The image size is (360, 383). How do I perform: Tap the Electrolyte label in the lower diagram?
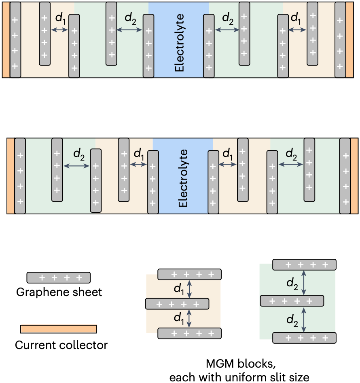pyautogui.click(x=183, y=178)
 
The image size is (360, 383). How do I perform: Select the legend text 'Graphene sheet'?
pyautogui.click(x=59, y=292)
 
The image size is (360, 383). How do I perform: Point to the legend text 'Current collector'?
pyautogui.click(x=61, y=345)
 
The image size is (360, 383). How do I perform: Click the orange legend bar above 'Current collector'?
pyautogui.click(x=59, y=329)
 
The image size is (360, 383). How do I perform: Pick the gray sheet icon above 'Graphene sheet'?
pyautogui.click(x=58, y=277)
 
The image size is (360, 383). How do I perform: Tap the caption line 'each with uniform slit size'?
pyautogui.click(x=239, y=377)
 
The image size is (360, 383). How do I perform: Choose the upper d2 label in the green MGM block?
pyautogui.click(x=292, y=283)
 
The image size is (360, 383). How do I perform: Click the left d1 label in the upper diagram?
pyautogui.click(x=60, y=19)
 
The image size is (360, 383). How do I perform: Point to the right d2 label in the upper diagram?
pyautogui.click(x=228, y=18)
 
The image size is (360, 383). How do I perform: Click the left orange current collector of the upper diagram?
pyautogui.click(x=6, y=39)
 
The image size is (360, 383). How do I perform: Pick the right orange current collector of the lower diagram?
pyautogui.click(x=354, y=176)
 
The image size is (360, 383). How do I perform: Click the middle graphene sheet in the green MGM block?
pyautogui.click(x=292, y=300)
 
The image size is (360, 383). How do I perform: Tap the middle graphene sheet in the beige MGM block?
pyautogui.click(x=177, y=303)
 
